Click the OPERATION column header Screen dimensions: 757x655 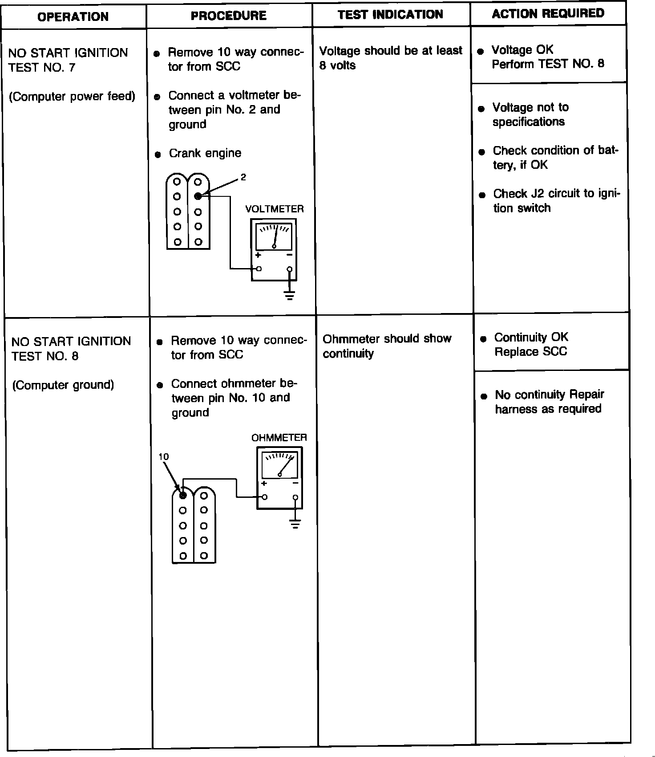tap(73, 17)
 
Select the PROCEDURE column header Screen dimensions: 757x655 tap(228, 16)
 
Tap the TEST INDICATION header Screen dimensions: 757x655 tap(390, 15)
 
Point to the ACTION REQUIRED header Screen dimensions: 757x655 tap(548, 13)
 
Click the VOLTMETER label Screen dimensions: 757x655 tap(275, 209)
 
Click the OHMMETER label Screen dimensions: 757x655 tap(279, 438)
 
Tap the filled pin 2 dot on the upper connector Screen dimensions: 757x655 tap(198, 196)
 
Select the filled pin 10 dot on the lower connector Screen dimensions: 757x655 tap(182, 495)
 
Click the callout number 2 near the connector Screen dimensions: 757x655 tap(243, 177)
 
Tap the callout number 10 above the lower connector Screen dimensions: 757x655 tap(164, 456)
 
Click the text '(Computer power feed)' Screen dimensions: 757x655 tap(72, 97)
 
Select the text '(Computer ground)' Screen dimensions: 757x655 tap(63, 385)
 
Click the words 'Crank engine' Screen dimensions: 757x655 tap(205, 153)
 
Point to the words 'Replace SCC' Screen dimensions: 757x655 tap(530, 352)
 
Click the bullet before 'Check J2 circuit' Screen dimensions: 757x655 tap(482, 195)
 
